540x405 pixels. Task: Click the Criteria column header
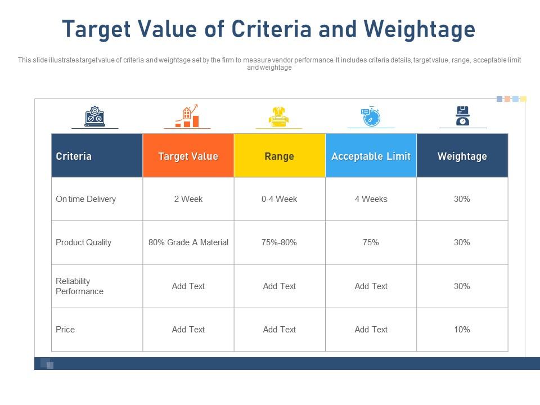[74, 156]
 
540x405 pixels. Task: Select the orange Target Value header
[188, 156]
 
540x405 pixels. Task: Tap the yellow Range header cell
[279, 156]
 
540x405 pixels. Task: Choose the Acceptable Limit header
[371, 156]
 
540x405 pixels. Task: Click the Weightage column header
[462, 156]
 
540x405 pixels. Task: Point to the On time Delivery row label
[86, 199]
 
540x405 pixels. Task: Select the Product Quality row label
[84, 242]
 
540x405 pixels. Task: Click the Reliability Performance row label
[80, 286]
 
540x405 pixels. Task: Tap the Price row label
[65, 330]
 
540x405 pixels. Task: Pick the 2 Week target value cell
[188, 199]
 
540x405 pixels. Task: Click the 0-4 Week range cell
[279, 199]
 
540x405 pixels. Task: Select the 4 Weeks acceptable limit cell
[371, 199]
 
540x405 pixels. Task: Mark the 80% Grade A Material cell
[188, 242]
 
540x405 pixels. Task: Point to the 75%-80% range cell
[279, 242]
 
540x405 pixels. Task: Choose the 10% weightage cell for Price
[462, 330]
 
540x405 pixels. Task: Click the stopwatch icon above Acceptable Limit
[371, 116]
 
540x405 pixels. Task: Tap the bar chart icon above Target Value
[187, 116]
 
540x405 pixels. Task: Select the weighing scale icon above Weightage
[462, 116]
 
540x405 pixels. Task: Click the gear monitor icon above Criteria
[94, 116]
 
